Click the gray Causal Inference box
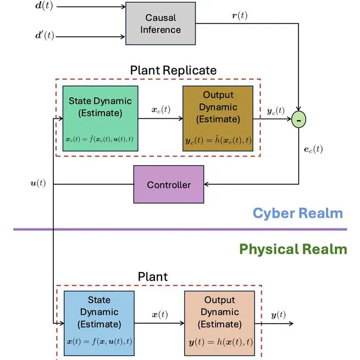[160, 24]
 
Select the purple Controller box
[169, 185]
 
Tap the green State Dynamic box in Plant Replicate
[100, 118]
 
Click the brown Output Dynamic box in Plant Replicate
[218, 118]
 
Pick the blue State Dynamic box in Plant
[99, 322]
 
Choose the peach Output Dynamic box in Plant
[219, 322]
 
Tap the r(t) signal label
[240, 15]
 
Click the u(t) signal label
[37, 182]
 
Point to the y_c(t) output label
[275, 110]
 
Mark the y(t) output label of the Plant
[278, 315]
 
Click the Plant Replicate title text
[173, 70]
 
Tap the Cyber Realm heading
[297, 213]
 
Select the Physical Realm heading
[293, 249]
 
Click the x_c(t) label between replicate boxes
[161, 109]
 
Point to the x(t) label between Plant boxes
[159, 315]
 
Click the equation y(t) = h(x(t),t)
[219, 342]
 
